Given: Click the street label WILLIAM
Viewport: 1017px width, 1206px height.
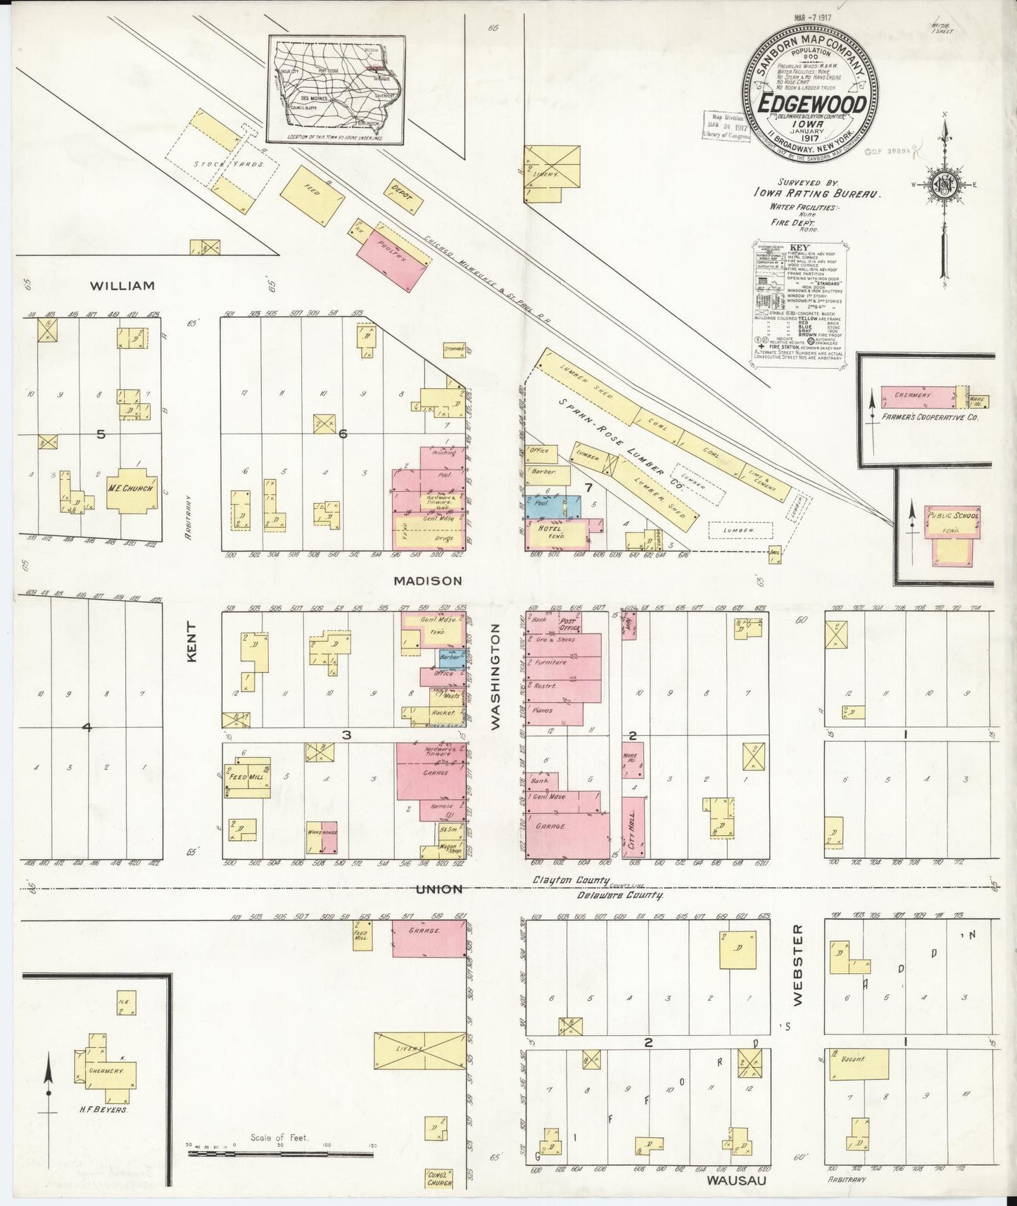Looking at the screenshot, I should tap(122, 286).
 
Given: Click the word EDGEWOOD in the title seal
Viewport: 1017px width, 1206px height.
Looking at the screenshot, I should tap(811, 103).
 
